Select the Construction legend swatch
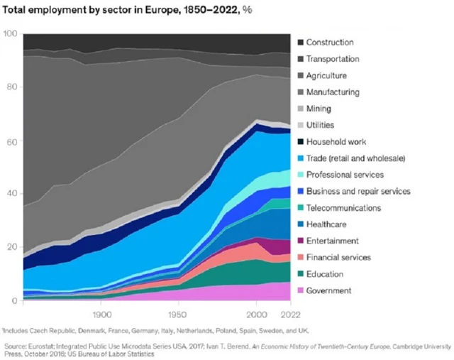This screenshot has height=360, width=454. (301, 43)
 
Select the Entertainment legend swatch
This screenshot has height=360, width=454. (301, 241)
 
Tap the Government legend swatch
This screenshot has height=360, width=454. (301, 290)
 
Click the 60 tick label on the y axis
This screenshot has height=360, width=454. (11, 141)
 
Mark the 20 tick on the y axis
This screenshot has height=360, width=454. (11, 247)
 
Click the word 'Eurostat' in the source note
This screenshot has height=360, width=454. (45, 342)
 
